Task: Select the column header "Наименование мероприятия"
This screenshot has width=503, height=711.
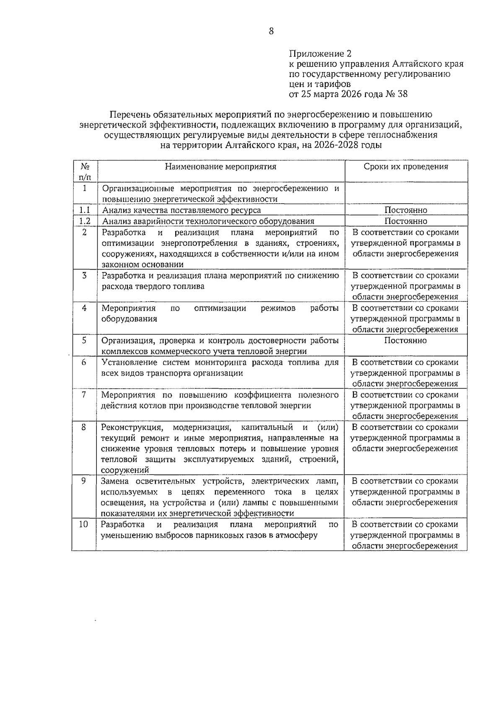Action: tap(220, 167)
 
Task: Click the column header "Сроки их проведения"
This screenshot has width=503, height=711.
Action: tap(405, 167)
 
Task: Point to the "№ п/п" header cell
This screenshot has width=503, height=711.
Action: tap(84, 171)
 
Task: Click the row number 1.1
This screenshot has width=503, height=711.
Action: tap(85, 210)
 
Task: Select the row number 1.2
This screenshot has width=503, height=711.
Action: tap(85, 221)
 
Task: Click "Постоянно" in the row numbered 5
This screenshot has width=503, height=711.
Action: tap(405, 340)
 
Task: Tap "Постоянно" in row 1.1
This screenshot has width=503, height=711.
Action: tap(405, 210)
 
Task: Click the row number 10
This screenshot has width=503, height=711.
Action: tap(84, 524)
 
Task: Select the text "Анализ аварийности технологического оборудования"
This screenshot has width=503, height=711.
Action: tap(208, 221)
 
